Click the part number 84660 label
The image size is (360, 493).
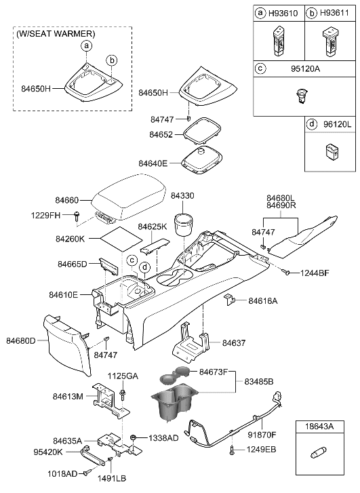pyautogui.click(x=68, y=201)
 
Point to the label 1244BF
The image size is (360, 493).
pyautogui.click(x=315, y=273)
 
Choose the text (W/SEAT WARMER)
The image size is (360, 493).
pyautogui.click(x=57, y=33)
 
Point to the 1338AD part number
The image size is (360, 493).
pyautogui.click(x=163, y=438)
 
